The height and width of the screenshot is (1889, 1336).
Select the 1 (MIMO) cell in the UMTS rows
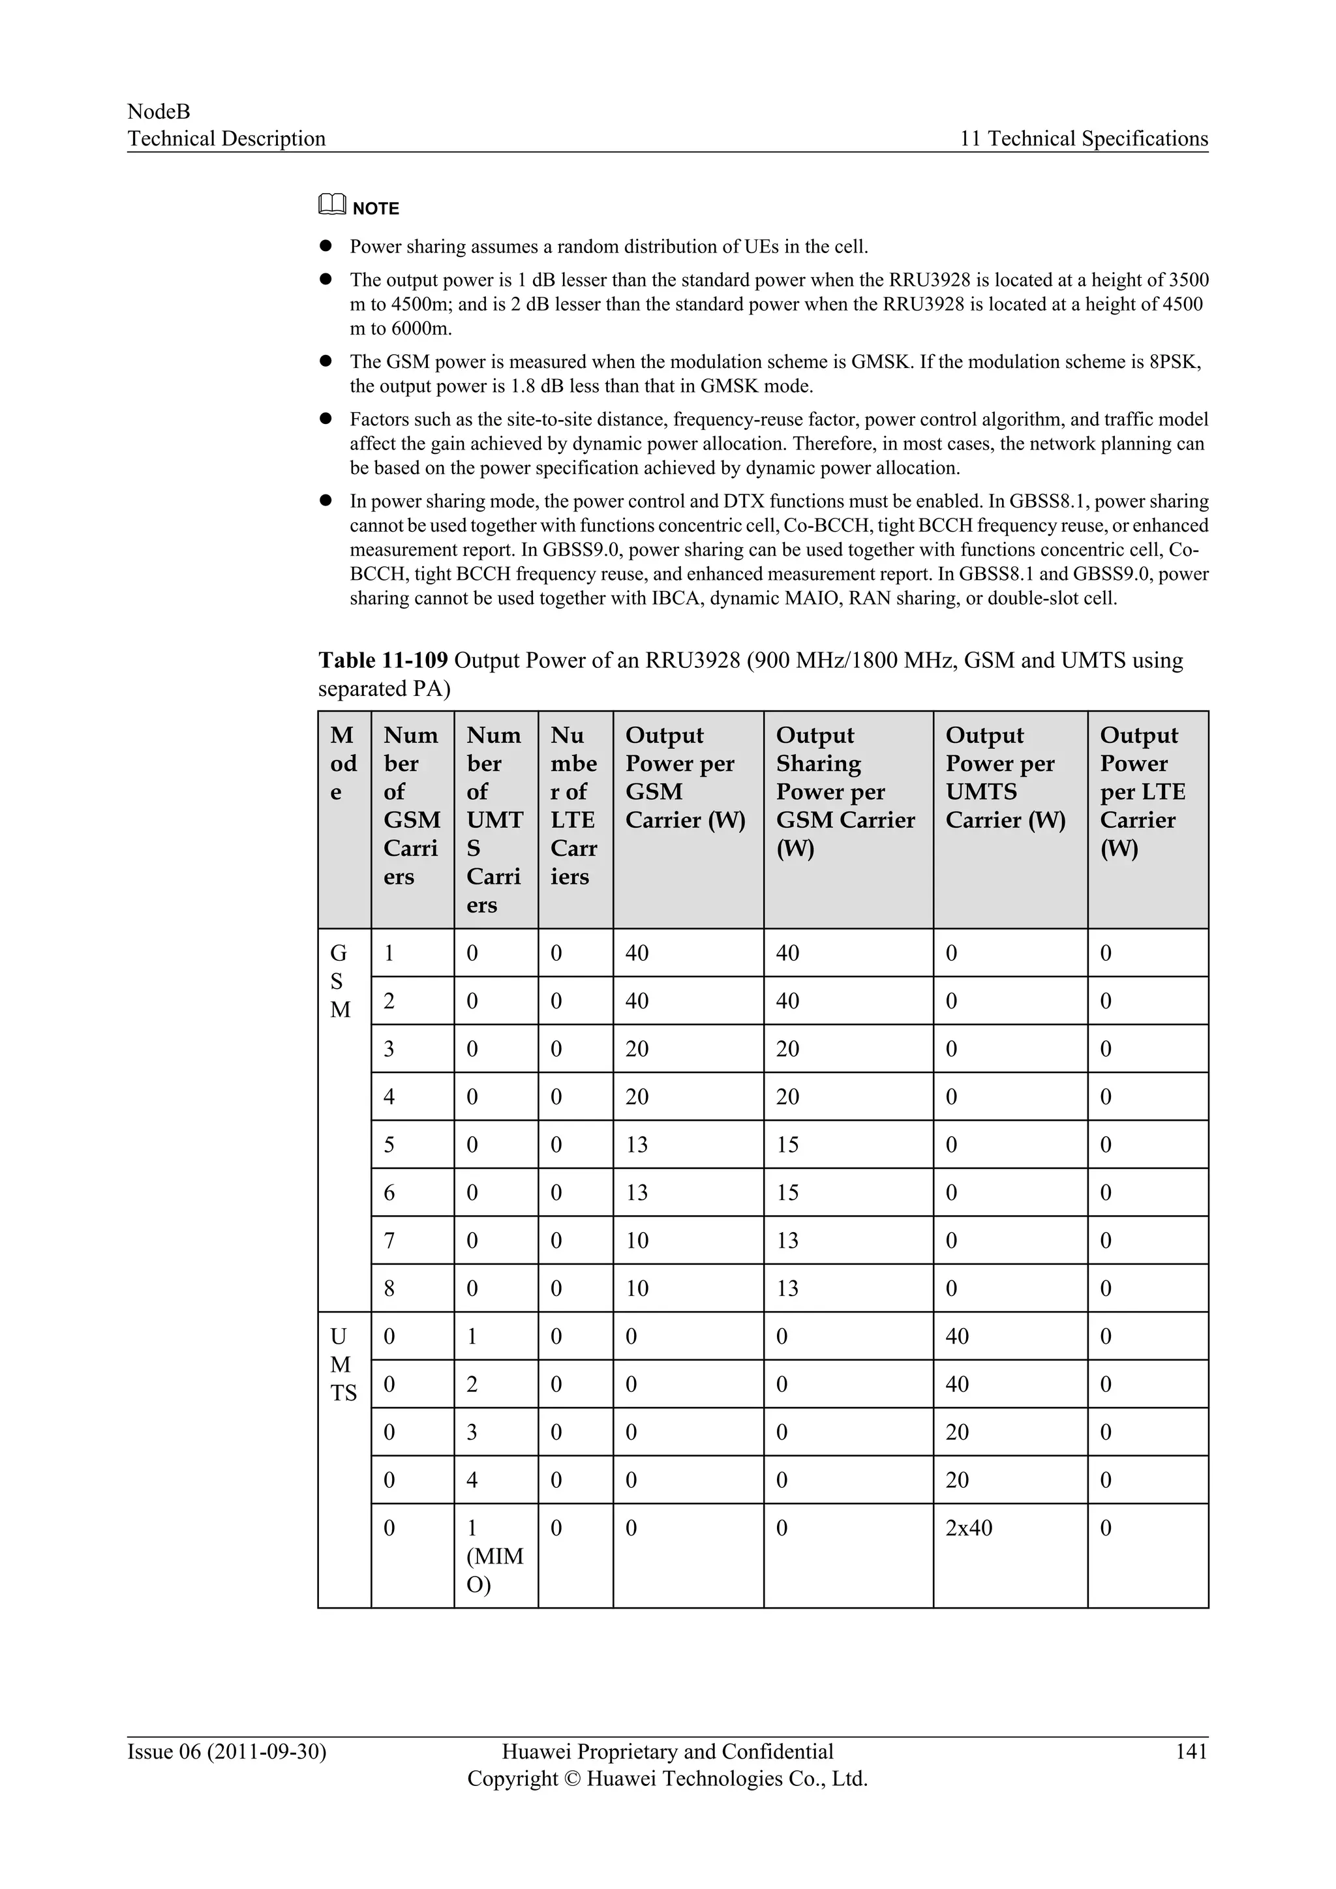tap(494, 1556)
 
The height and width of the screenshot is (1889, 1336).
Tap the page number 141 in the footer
tap(1191, 1751)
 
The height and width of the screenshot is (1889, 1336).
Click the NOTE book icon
tap(331, 204)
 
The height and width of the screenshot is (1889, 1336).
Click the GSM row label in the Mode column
tap(339, 982)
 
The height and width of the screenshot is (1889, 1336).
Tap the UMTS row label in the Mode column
tap(342, 1365)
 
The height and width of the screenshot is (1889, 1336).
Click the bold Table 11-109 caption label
tap(382, 661)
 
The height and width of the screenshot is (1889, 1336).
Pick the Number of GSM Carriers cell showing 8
tap(389, 1288)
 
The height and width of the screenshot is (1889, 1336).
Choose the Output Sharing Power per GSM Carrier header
tap(845, 791)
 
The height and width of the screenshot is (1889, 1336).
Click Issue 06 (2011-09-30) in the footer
tap(226, 1751)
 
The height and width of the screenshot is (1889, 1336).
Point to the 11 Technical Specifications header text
tap(1084, 138)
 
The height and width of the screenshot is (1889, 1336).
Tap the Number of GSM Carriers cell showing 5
tap(389, 1145)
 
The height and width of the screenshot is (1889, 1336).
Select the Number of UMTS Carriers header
tap(494, 819)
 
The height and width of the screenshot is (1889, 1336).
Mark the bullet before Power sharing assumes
tap(326, 246)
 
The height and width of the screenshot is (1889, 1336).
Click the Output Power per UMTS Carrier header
tap(1005, 777)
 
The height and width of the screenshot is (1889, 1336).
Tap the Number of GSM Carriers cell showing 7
tap(389, 1241)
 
